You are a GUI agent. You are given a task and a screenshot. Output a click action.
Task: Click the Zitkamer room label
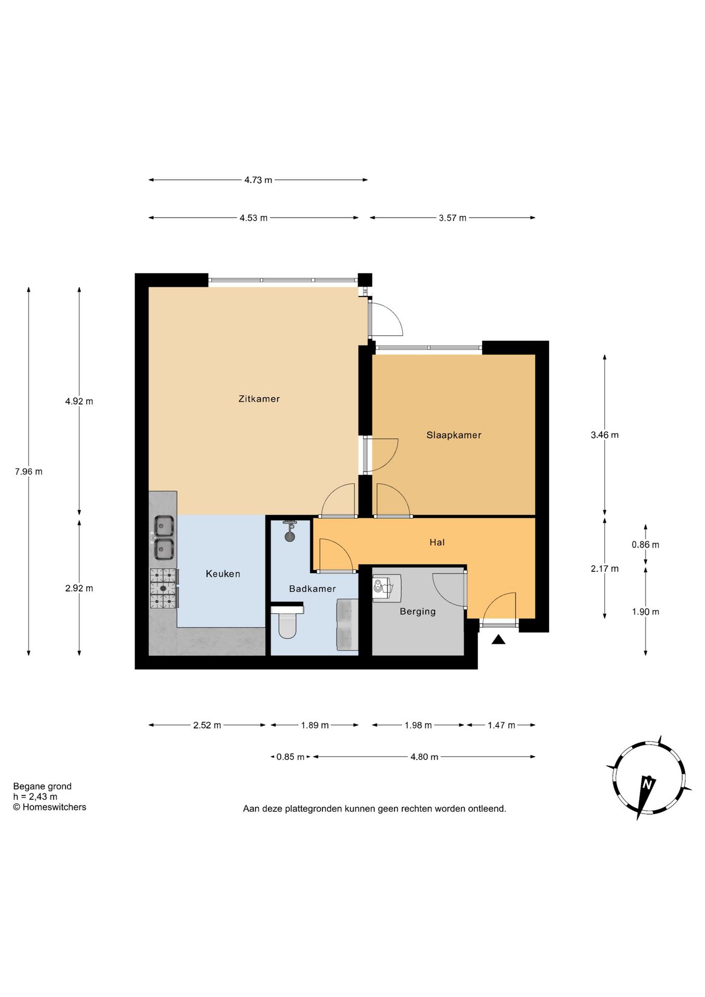point(259,399)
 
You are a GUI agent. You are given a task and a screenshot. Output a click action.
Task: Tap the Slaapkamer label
point(454,435)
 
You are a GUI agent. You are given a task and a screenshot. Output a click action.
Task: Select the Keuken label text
point(223,574)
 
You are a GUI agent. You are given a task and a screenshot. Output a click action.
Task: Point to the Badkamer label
point(312,589)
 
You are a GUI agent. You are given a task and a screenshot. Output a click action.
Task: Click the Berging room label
point(417,612)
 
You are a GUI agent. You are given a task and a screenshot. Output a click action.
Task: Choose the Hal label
point(437,542)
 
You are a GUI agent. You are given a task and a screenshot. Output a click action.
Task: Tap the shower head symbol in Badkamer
point(290,530)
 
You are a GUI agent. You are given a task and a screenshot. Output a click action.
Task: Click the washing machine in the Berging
point(387,587)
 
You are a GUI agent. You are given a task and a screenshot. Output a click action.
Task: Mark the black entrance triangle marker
point(498,640)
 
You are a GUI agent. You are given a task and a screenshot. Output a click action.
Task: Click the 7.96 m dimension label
point(29,471)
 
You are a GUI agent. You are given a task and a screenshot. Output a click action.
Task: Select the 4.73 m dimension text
point(258,180)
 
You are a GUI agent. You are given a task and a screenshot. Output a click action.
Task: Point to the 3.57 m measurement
point(452,218)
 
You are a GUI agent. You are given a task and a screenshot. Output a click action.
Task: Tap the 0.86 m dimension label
point(645,545)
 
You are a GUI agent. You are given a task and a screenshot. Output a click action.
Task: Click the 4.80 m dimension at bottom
point(424,757)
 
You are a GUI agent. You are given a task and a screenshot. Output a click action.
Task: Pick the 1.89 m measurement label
point(315,725)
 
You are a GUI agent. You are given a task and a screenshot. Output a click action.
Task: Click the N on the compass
point(647,784)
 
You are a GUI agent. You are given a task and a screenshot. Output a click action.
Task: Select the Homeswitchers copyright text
point(50,807)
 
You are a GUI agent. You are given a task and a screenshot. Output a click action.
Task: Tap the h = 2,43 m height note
point(35,797)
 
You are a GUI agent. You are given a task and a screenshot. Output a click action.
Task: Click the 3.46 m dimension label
point(604,435)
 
